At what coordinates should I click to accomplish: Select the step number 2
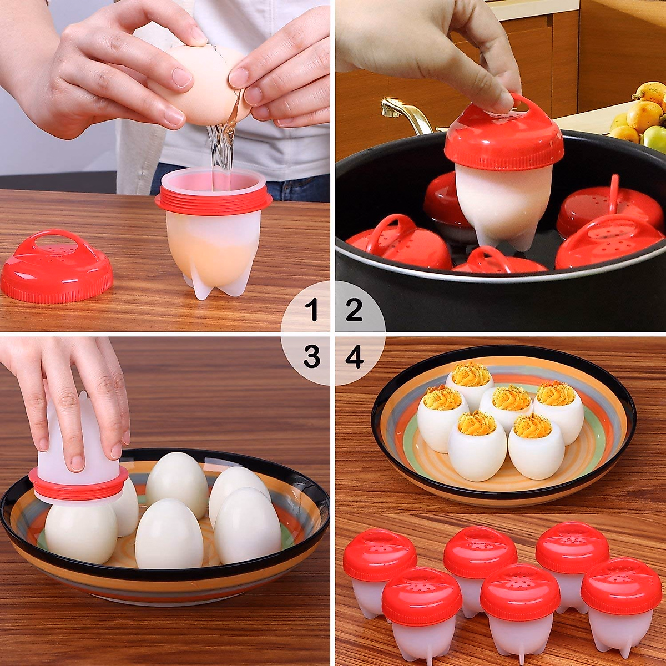354,310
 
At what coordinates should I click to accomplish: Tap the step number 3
312,357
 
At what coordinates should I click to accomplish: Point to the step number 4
355,357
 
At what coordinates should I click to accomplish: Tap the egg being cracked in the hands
203,83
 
